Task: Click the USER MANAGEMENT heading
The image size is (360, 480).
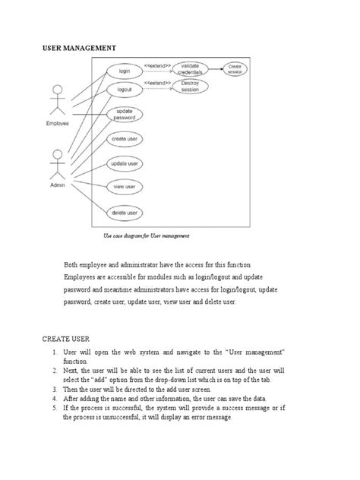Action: (78, 48)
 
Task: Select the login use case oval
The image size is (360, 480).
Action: (125, 71)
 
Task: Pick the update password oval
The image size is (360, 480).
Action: (125, 115)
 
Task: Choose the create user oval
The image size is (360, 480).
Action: (125, 140)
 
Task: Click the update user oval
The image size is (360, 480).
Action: (125, 164)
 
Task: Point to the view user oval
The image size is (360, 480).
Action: (125, 186)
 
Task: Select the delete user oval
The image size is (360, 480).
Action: (125, 213)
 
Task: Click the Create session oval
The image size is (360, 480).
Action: (235, 69)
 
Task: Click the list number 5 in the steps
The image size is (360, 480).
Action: (55, 408)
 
